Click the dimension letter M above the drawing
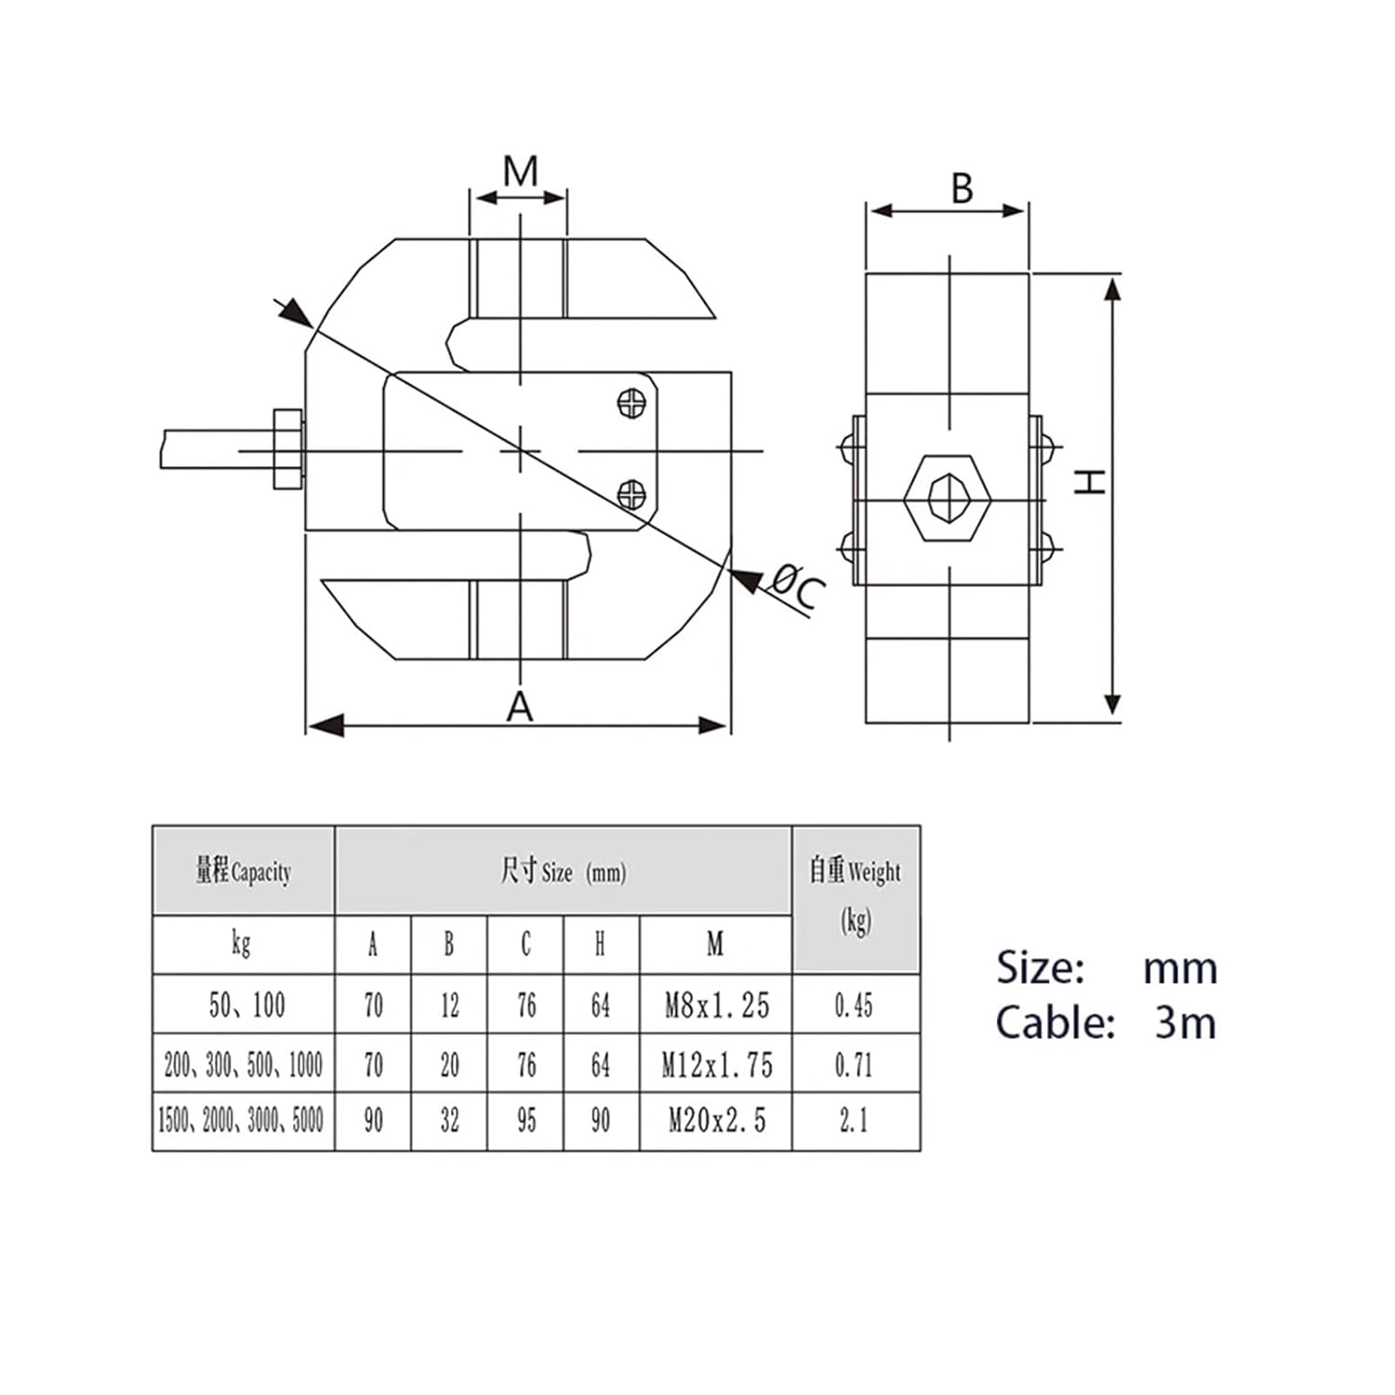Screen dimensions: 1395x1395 (x=520, y=172)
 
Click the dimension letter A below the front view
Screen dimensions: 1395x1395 (x=520, y=708)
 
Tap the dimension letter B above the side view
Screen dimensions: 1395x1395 (x=962, y=189)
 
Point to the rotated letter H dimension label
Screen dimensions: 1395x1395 (x=1090, y=481)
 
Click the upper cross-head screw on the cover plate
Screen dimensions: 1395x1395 (x=632, y=404)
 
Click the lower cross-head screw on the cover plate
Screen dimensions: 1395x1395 (x=632, y=494)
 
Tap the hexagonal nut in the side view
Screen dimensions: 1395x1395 (x=948, y=498)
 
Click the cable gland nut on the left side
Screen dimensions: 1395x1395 (x=287, y=449)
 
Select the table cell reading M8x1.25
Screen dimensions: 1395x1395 (x=716, y=1005)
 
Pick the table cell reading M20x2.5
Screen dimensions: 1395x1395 (x=716, y=1121)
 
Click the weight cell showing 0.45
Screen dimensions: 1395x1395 (x=854, y=1005)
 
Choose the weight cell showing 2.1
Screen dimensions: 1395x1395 (x=854, y=1121)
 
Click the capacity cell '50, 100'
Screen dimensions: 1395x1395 (x=246, y=1005)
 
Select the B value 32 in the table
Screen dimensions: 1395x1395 (x=449, y=1121)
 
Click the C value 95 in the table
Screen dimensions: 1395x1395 (x=526, y=1121)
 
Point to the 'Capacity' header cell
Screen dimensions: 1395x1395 (x=243, y=871)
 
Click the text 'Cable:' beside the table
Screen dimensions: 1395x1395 (x=1055, y=1023)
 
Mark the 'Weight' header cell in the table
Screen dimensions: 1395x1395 (x=855, y=895)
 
